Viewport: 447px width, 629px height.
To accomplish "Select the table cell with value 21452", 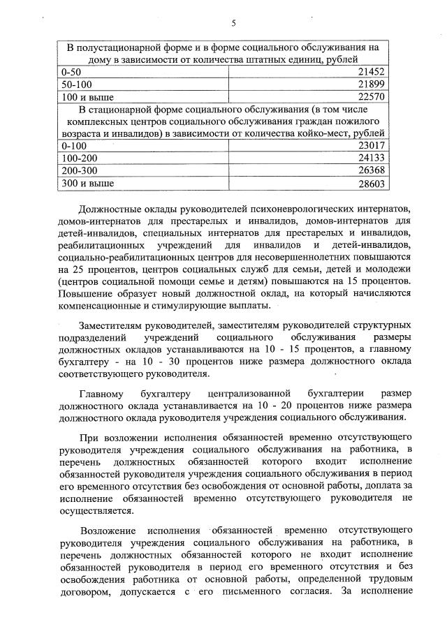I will point(372,73).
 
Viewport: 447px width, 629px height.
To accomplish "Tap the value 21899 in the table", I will point(372,84).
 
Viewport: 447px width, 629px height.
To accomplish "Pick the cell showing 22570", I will point(372,96).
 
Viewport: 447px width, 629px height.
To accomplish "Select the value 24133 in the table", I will point(372,158).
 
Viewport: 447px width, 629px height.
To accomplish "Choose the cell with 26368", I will point(372,170).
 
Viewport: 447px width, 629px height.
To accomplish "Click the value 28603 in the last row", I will point(372,183).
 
